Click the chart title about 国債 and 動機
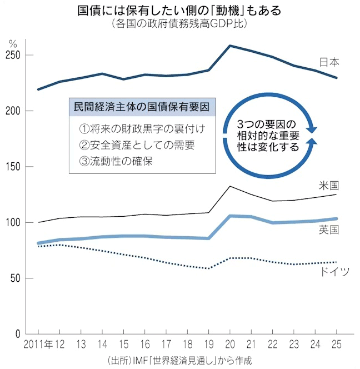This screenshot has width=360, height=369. (179, 11)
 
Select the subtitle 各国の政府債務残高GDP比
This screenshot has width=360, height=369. (179, 24)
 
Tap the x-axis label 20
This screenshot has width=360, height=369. (230, 343)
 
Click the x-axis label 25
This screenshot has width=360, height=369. (336, 343)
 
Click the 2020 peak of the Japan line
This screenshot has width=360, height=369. (230, 46)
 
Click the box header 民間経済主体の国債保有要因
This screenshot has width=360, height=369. (142, 106)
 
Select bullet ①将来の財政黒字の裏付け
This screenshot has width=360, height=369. (142, 129)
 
